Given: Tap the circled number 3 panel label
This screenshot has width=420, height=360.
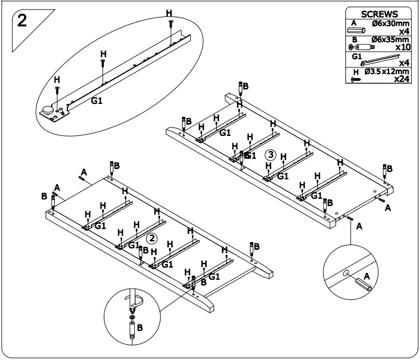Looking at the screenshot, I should [271, 154].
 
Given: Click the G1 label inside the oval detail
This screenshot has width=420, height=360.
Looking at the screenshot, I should [97, 102].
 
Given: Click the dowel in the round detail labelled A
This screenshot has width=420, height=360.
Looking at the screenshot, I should [361, 284].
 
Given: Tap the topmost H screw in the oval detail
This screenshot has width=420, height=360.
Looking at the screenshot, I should [170, 23].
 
